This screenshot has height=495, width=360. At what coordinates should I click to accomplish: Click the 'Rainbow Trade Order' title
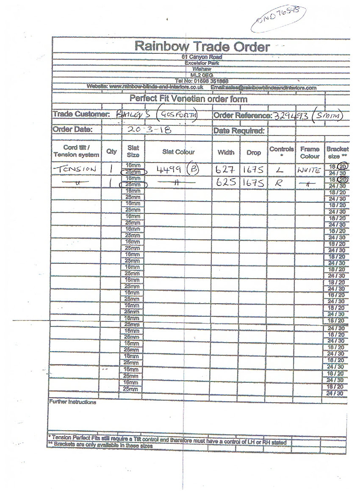coord(202,47)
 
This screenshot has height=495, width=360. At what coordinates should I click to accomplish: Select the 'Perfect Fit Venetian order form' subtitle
coord(188,99)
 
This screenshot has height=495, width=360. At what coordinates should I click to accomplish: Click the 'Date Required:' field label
coord(239,131)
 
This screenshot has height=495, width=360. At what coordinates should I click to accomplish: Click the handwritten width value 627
coord(225,169)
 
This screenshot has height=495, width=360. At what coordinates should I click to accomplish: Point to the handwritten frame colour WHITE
coord(309,170)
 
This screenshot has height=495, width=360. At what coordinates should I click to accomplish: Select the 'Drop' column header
coord(254,152)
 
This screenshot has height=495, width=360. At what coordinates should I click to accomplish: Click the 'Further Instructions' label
coord(72,402)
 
